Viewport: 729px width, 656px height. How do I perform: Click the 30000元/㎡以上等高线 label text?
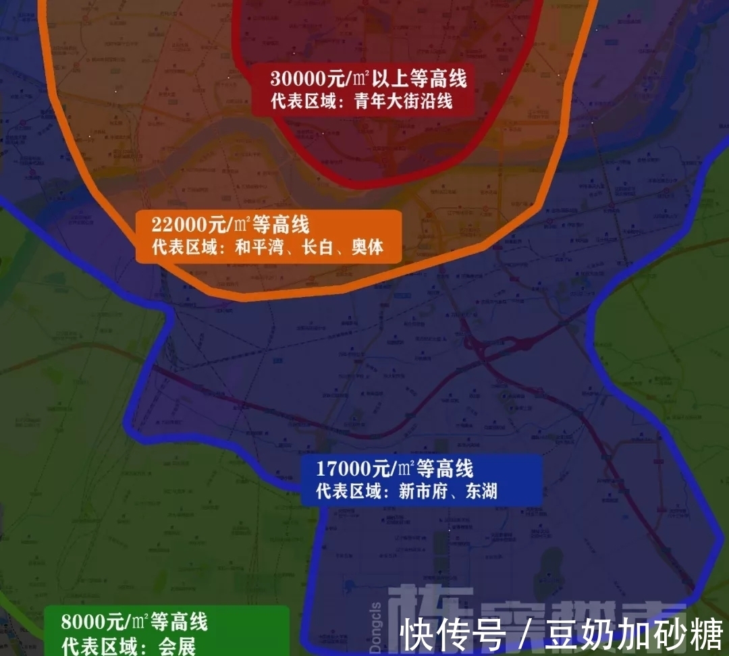368,79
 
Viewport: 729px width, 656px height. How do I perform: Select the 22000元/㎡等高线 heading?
230,225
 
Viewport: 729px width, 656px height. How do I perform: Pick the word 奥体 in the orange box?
367,247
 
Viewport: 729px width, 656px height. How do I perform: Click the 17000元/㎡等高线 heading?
395,468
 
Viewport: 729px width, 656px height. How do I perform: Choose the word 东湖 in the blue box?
481,491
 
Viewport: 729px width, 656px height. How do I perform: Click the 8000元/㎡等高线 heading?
134,621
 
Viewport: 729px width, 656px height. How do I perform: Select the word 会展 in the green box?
176,645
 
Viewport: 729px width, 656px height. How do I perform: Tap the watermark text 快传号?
453,635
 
